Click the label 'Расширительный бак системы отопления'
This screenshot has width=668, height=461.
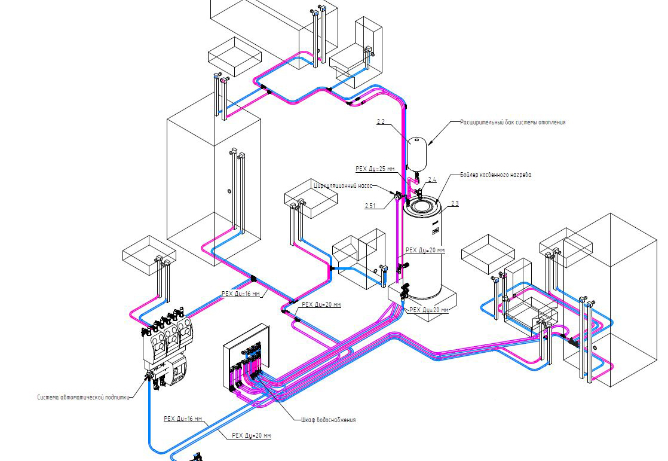[513, 123]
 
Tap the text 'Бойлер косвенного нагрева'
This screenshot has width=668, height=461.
[496, 175]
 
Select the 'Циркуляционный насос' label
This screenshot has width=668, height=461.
[343, 186]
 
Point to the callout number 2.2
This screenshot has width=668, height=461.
[381, 122]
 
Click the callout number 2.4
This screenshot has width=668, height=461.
[432, 179]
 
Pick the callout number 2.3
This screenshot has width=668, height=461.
[455, 203]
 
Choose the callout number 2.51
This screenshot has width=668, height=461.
[370, 206]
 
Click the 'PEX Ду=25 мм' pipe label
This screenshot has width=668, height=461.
[375, 169]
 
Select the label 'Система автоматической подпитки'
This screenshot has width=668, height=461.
[83, 397]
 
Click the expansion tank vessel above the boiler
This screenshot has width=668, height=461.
[417, 152]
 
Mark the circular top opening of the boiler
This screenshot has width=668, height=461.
[422, 206]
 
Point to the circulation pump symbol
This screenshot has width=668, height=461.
[398, 197]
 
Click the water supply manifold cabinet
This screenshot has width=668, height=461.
[246, 358]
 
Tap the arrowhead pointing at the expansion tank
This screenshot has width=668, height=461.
[430, 142]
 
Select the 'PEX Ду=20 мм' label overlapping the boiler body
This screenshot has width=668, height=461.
[425, 251]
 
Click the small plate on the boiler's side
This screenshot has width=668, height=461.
[436, 230]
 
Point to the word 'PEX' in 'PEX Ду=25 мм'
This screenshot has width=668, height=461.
[361, 169]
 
